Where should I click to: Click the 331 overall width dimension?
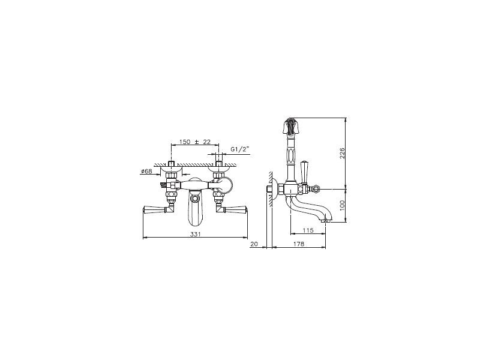[196, 234]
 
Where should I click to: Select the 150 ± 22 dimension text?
[195, 142]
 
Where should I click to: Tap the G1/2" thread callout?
[241, 149]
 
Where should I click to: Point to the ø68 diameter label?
[146, 172]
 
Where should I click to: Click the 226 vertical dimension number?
[342, 153]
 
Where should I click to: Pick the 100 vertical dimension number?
[342, 205]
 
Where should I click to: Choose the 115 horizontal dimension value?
[308, 230]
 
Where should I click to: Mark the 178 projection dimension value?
[299, 244]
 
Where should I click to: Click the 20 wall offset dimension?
[254, 244]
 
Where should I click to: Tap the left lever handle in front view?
[155, 209]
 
